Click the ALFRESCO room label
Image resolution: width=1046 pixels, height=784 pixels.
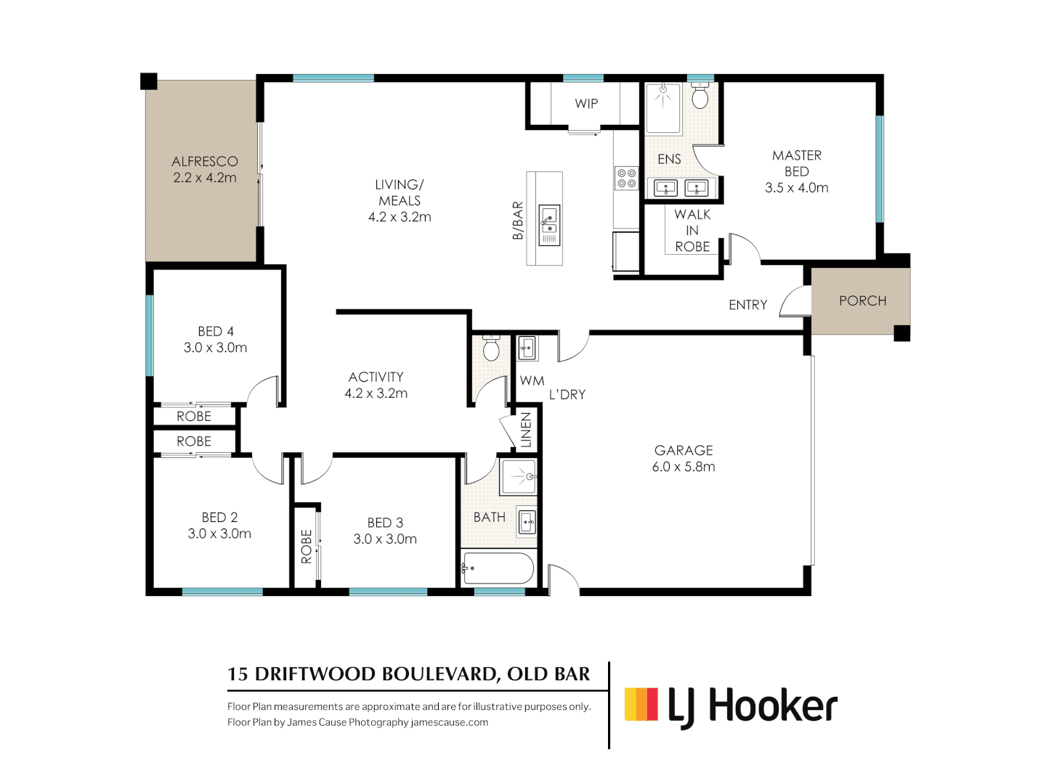click(x=204, y=161)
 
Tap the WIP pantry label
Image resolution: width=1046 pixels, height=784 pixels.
click(x=586, y=104)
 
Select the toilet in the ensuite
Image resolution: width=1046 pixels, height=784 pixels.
click(x=700, y=97)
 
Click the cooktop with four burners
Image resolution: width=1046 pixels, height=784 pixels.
click(x=626, y=178)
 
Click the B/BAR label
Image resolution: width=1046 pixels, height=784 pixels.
click(x=518, y=221)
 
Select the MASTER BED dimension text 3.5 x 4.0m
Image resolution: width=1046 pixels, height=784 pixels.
click(x=796, y=188)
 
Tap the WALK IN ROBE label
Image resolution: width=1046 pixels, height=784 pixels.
click(x=692, y=231)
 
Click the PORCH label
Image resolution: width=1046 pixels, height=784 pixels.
click(x=862, y=301)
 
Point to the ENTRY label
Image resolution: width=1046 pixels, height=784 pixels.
click(x=747, y=305)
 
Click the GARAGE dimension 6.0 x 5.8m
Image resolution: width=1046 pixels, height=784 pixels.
click(x=683, y=467)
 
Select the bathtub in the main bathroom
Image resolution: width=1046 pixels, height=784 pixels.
click(x=498, y=568)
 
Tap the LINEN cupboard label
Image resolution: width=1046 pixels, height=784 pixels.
click(x=526, y=430)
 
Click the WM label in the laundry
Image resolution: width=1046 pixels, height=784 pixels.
click(x=532, y=381)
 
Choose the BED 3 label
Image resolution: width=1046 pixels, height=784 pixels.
click(x=384, y=523)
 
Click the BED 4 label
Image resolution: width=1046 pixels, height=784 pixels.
click(x=215, y=332)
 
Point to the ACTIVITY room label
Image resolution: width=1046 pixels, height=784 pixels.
click(x=376, y=377)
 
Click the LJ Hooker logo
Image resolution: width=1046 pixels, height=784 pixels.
click(x=731, y=706)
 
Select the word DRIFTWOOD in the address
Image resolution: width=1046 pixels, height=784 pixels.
click(x=316, y=674)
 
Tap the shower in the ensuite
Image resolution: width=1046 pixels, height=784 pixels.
click(x=663, y=107)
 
